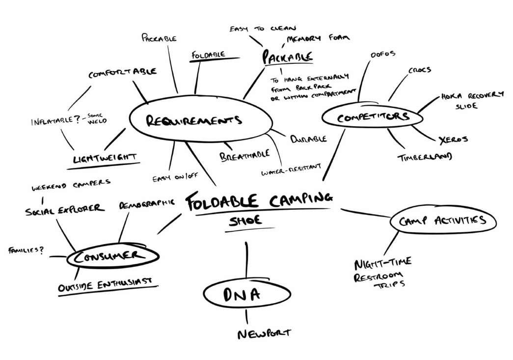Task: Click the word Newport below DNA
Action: tap(264, 334)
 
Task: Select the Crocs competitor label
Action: tap(419, 70)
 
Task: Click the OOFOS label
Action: tap(382, 54)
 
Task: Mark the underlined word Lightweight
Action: tap(104, 158)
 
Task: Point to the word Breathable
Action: tap(244, 155)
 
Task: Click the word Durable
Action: tap(308, 139)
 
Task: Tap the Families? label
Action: tap(26, 250)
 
